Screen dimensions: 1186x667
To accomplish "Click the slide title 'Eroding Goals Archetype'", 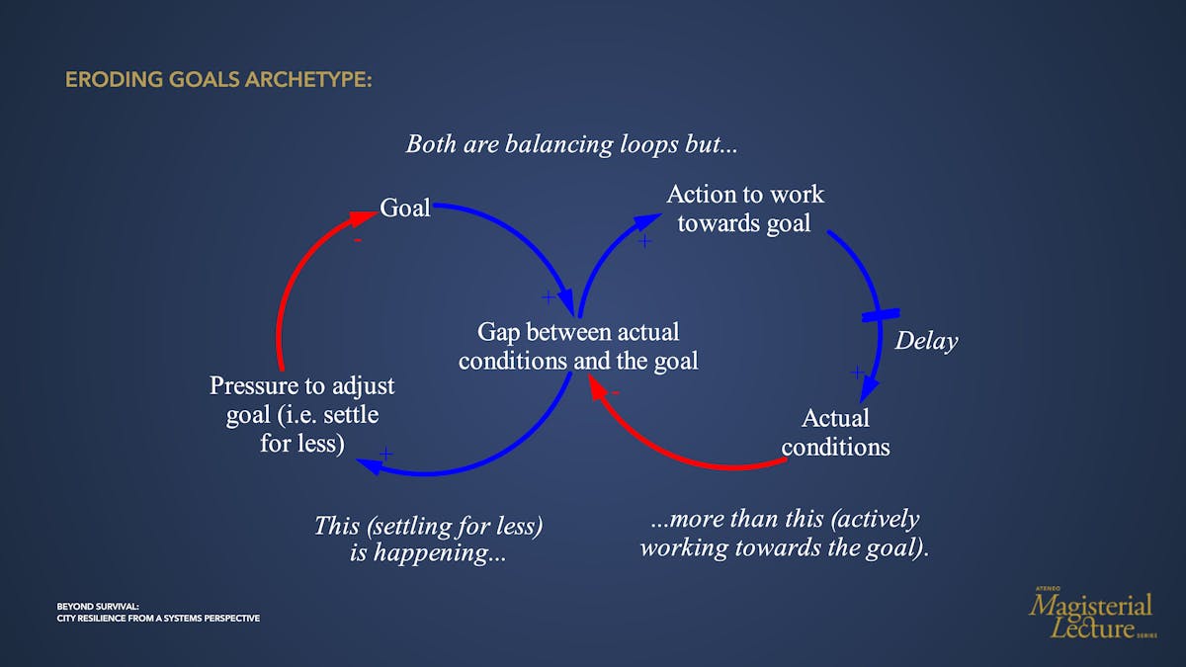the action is (x=218, y=80).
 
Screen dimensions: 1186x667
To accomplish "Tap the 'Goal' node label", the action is (x=404, y=208).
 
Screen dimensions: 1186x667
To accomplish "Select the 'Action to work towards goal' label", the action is (x=744, y=208).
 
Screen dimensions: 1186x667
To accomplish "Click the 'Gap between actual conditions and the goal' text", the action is (x=577, y=346).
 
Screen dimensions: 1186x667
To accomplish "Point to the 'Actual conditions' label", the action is (x=835, y=433).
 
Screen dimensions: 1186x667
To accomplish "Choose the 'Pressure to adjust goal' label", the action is (x=301, y=414).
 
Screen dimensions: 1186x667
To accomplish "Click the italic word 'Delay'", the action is (x=926, y=340).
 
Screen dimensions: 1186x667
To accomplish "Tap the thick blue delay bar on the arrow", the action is (x=881, y=315).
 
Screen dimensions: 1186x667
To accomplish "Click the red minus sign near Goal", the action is (x=358, y=240).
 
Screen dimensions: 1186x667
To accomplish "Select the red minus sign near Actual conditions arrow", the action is (x=615, y=393).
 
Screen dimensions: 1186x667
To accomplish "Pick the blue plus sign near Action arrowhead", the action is (x=644, y=241).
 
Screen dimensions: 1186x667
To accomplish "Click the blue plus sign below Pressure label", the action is (x=386, y=454).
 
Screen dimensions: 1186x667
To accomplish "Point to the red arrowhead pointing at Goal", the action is (x=363, y=217).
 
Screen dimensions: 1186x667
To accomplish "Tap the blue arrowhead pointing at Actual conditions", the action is (x=869, y=389).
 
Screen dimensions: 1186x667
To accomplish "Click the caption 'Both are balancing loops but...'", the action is (x=571, y=144).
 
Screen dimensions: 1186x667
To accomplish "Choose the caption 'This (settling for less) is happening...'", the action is (x=428, y=539).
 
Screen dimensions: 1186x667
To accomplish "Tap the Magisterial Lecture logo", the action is (x=1092, y=614).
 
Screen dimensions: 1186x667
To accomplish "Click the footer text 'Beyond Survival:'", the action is (x=98, y=607).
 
